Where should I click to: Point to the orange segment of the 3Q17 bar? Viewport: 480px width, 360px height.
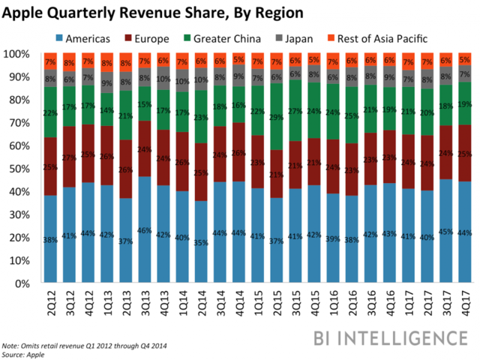(445, 60)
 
